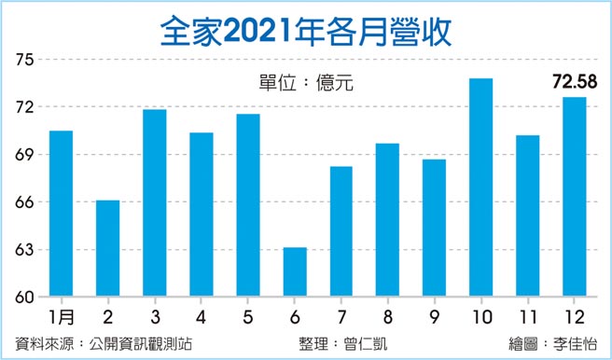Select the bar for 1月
(x=61, y=214)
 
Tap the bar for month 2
(x=107, y=249)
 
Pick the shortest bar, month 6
(x=294, y=272)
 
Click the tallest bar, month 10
(x=480, y=187)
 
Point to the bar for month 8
(x=387, y=220)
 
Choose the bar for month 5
(x=247, y=205)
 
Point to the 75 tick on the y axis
(x=24, y=61)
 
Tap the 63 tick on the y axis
(x=24, y=250)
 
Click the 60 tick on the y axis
(x=24, y=298)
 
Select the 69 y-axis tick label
(x=24, y=155)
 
